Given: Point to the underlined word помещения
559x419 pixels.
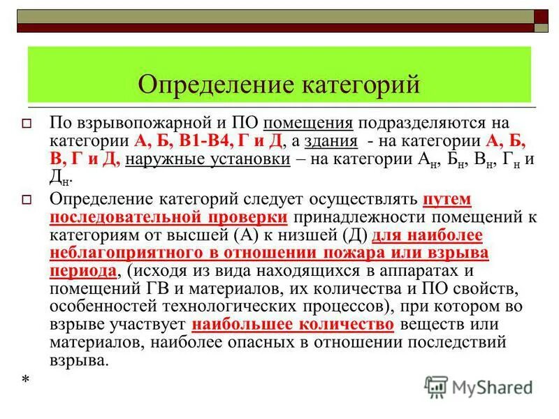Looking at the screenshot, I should (x=309, y=123).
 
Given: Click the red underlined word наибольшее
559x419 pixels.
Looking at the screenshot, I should (x=244, y=325).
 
